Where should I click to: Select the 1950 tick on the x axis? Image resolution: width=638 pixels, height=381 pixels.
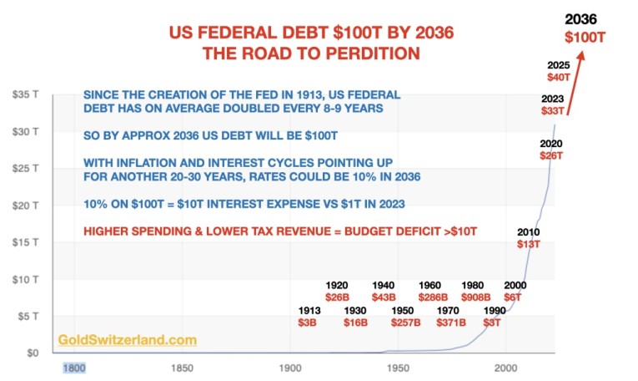(398, 368)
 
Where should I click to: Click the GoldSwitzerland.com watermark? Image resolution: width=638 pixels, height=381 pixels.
(128, 340)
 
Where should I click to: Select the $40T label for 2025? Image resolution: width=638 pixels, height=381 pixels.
(557, 78)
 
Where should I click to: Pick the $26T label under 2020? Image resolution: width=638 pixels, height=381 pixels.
(552, 155)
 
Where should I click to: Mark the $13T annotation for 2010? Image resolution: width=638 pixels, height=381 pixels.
(528, 244)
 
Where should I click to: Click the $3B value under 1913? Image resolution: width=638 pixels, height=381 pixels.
(308, 323)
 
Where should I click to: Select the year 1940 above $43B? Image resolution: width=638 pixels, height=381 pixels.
(384, 285)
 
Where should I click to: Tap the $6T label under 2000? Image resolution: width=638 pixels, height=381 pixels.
(514, 297)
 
